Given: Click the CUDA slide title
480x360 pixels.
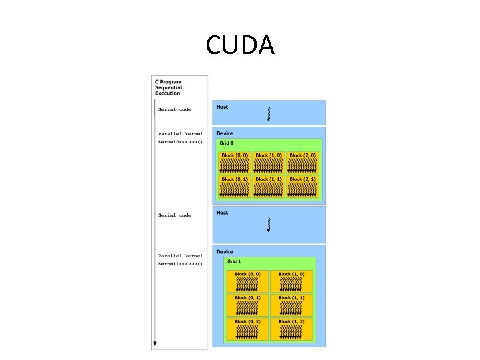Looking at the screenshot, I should pyautogui.click(x=240, y=45).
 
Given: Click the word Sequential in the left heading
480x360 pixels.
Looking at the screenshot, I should pyautogui.click(x=169, y=87).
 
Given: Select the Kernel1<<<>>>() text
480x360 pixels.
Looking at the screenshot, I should pyautogui.click(x=180, y=263).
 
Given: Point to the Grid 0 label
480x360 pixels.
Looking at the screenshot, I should pyautogui.click(x=227, y=143).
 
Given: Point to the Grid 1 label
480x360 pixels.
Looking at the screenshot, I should pyautogui.click(x=234, y=261).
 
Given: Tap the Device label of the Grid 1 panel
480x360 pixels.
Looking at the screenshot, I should pyautogui.click(x=225, y=252).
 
